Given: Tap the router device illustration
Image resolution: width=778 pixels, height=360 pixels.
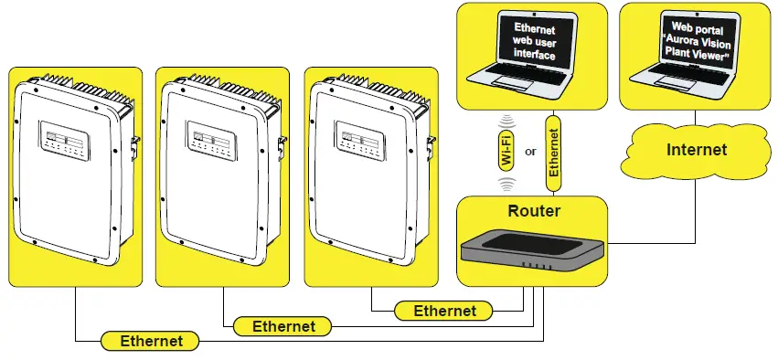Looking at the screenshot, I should (x=531, y=249).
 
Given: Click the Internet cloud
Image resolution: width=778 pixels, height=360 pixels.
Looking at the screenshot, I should (x=696, y=150).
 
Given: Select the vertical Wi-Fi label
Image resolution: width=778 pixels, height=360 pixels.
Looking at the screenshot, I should (x=506, y=151).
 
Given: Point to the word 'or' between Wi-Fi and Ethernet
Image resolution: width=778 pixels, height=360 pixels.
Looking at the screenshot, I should (x=530, y=152).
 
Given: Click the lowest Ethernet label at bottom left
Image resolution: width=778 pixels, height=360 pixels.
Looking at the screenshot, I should (x=151, y=341).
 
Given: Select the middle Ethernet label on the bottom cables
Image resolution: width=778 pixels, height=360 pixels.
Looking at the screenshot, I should (x=283, y=326).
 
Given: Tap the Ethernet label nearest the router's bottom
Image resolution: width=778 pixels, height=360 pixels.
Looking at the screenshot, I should (x=445, y=311).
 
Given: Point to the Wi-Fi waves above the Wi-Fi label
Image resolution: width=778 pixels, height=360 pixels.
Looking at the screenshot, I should (x=506, y=121).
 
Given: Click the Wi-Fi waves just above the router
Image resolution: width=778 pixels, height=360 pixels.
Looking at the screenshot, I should (x=506, y=183).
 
